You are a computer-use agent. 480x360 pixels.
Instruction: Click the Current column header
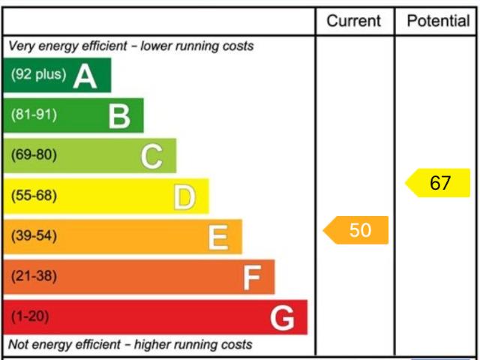point(354,21)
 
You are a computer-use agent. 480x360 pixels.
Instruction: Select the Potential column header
point(438,21)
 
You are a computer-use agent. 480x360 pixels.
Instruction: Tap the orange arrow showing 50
point(357,230)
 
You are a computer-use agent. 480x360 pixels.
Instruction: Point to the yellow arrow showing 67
point(439,183)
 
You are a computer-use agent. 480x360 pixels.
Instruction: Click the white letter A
point(85,76)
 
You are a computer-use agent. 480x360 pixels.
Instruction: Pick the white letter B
point(119,116)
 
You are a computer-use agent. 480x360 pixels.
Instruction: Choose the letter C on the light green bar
point(151,157)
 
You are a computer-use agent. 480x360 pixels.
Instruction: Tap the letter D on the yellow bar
point(184,197)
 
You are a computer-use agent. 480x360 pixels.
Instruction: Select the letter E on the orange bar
point(217,238)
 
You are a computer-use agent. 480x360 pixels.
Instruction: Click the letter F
point(251,278)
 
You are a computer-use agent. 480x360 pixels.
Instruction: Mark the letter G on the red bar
point(283,319)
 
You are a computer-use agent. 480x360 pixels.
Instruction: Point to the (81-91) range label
point(34,115)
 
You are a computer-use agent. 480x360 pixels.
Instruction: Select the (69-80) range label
point(34,156)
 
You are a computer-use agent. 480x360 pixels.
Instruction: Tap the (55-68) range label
point(34,196)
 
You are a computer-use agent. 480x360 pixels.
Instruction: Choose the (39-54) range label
point(34,237)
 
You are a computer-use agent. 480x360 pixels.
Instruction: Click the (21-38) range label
point(34,277)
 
